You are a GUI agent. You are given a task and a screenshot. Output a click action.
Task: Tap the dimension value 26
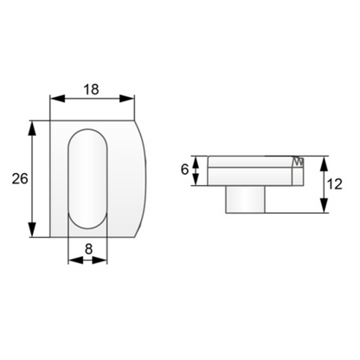click(16, 179)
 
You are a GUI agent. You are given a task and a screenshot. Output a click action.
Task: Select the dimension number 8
click(87, 248)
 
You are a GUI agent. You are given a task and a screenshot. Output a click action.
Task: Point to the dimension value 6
click(184, 170)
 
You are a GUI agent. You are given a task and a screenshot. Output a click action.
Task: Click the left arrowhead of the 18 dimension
click(55, 98)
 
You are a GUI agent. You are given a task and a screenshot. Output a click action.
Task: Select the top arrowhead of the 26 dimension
click(34, 126)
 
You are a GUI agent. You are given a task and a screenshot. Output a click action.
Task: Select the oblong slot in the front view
click(87, 179)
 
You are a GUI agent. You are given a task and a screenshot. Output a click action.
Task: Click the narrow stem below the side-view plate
click(245, 198)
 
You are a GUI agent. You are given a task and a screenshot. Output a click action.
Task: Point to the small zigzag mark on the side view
click(299, 161)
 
